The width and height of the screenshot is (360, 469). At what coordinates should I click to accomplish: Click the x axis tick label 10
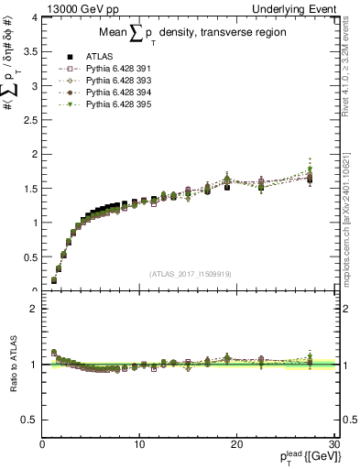pos(139,444)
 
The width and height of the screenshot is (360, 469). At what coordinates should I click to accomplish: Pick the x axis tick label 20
pos(236,444)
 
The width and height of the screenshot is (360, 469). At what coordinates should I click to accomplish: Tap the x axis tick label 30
pos(333,444)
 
